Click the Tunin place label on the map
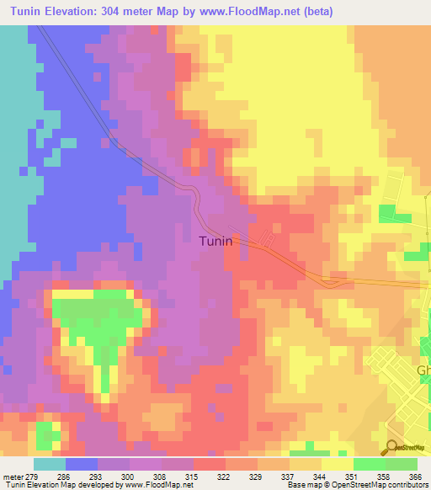(x=215, y=241)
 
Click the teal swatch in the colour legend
(x=50, y=464)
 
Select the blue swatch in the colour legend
(x=82, y=464)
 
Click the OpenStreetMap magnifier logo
(x=392, y=449)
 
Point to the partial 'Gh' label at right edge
(x=423, y=370)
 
